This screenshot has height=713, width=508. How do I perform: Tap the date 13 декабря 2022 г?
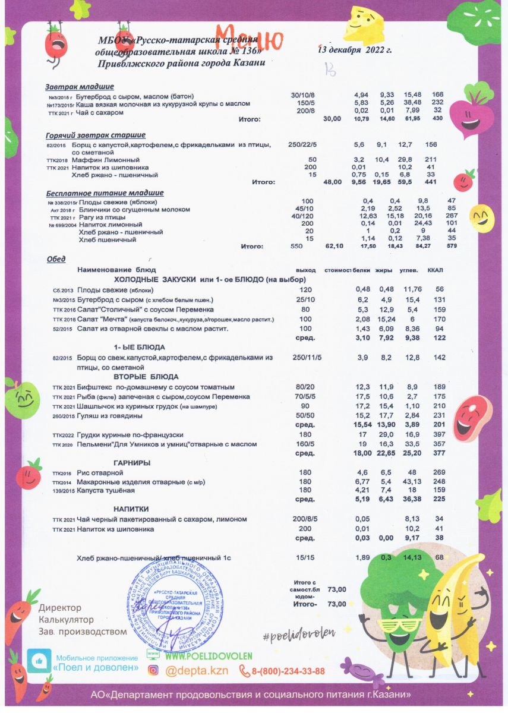click(x=355, y=50)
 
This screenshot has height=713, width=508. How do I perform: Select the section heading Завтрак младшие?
click(x=80, y=87)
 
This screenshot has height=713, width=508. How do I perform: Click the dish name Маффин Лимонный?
click(x=106, y=160)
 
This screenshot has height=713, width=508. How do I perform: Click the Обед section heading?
click(x=56, y=259)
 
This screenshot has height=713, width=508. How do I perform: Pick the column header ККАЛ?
click(x=437, y=270)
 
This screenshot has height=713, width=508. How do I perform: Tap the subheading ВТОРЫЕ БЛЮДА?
click(x=146, y=377)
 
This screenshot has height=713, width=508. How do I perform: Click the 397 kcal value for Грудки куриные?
click(x=440, y=436)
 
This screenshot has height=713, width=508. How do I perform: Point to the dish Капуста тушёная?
click(x=106, y=490)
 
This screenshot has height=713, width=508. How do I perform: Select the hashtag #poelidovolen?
click(x=299, y=635)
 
